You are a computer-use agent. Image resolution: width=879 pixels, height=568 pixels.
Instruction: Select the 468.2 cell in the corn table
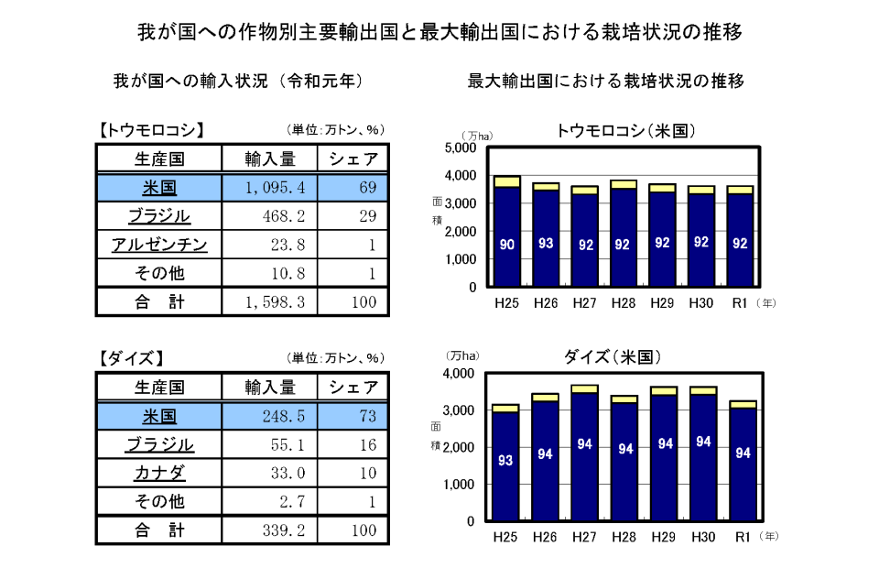click(x=275, y=216)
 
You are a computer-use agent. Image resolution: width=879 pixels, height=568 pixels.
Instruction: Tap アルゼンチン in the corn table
click(x=159, y=245)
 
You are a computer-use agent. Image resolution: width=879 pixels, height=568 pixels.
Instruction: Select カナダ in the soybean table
click(x=159, y=473)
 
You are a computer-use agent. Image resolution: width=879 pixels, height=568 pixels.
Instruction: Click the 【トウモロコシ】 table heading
click(x=151, y=129)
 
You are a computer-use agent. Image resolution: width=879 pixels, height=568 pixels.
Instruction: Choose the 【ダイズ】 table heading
click(x=132, y=357)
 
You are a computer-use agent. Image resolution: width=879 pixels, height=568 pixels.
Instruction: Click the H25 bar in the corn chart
click(x=506, y=234)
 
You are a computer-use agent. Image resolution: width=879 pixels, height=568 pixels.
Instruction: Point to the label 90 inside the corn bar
click(x=506, y=245)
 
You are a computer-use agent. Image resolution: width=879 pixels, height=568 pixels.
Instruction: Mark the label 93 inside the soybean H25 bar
click(x=505, y=460)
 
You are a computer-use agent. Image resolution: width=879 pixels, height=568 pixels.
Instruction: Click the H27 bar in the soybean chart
click(x=584, y=453)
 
